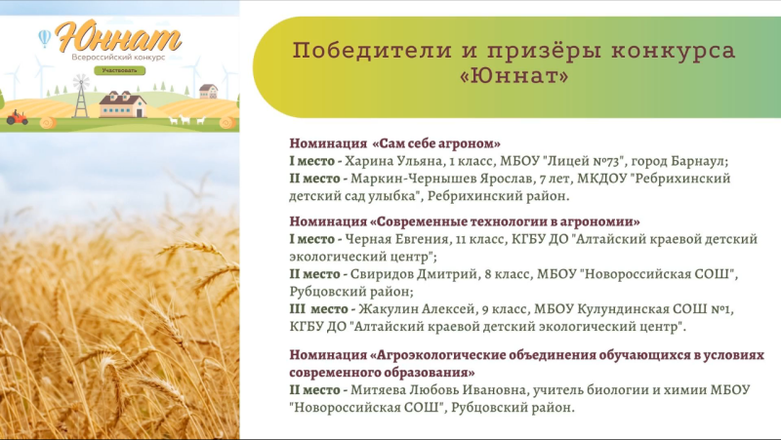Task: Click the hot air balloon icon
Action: coord(45,38)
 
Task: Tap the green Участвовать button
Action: coord(119,70)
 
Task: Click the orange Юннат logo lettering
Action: coord(118,36)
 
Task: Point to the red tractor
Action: coord(17,117)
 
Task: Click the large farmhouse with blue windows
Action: coord(123,104)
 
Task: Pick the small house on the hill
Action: coord(209,91)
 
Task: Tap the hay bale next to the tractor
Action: coord(48,123)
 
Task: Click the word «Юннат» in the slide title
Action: coord(514,76)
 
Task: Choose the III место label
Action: coord(319,309)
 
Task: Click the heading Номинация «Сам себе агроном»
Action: coord(395,143)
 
